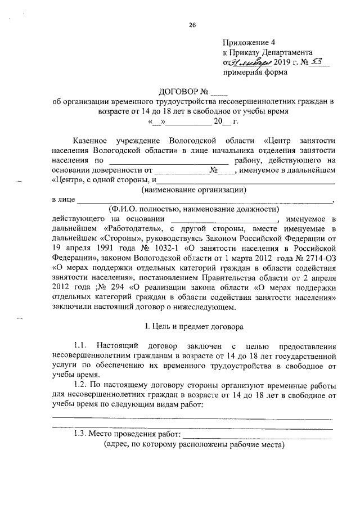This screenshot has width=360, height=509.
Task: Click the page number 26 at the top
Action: pyautogui.click(x=192, y=24)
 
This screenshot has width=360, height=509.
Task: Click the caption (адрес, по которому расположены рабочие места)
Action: pyautogui.click(x=194, y=444)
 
